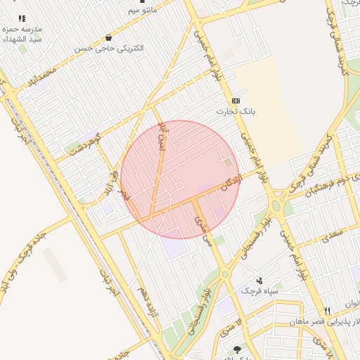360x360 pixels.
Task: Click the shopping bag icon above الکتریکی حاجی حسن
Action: (108, 37)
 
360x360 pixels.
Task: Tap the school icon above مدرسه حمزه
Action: (22, 19)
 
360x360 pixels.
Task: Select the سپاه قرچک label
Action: (260, 290)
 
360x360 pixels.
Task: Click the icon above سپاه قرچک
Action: (259, 280)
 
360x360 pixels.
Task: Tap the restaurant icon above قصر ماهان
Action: (327, 311)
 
